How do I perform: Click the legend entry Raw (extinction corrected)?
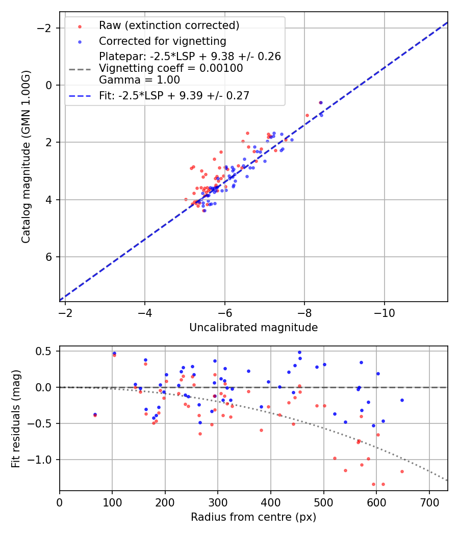(169, 25)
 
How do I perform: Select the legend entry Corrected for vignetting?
(162, 41)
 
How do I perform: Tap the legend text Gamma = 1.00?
(139, 80)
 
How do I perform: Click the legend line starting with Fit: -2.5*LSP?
(174, 95)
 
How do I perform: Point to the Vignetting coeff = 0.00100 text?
(171, 68)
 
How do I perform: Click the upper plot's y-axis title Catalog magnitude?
(26, 156)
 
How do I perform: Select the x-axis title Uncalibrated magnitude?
(253, 328)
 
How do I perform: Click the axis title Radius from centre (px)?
(253, 517)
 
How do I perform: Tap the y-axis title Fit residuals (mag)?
(16, 419)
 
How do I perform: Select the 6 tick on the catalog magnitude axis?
(49, 257)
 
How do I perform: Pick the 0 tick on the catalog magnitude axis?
(49, 85)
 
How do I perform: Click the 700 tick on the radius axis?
(429, 502)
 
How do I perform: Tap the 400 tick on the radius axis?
(271, 502)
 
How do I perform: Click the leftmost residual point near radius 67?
(95, 415)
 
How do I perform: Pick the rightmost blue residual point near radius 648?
(402, 400)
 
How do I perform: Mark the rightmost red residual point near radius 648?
(402, 471)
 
